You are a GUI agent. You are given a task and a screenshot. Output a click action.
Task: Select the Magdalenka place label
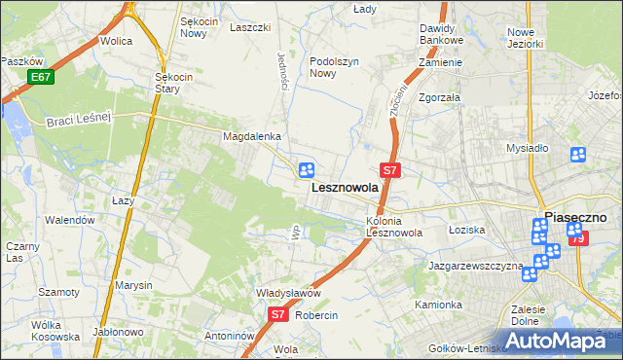pos(251,137)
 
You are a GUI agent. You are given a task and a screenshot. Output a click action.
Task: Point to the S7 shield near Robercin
pos(277,314)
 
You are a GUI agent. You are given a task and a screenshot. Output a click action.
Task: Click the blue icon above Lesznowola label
pos(307,170)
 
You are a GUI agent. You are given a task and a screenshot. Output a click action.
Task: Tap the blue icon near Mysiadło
pos(577,154)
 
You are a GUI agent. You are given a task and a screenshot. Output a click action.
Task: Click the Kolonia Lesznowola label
pos(394,227)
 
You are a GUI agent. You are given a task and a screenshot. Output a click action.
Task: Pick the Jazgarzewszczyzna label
pos(475,265)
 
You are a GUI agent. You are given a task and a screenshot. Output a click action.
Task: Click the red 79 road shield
pos(578,238)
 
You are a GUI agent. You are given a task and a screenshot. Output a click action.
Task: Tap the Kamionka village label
pos(438,305)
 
